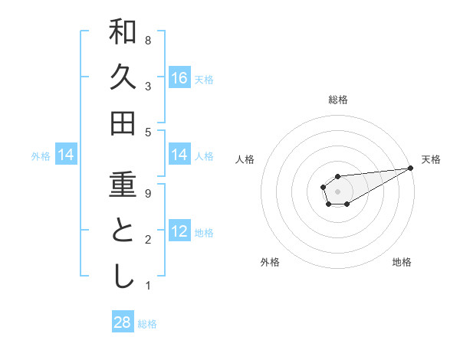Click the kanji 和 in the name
[123, 32]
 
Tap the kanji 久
[123, 77]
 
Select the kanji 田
[123, 123]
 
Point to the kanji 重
[123, 186]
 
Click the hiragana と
[123, 232]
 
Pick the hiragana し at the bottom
[123, 277]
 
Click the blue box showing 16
[179, 78]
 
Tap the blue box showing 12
[179, 232]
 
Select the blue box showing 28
[123, 322]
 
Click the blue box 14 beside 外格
[66, 155]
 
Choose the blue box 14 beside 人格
[179, 155]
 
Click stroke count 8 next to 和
[148, 40]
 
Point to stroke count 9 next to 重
[148, 194]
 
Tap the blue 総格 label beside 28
[147, 324]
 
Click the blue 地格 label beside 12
[204, 233]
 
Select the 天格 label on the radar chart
[431, 159]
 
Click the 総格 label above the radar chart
[338, 100]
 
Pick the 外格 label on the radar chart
[270, 262]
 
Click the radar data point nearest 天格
[410, 169]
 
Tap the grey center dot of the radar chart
[337, 191]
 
